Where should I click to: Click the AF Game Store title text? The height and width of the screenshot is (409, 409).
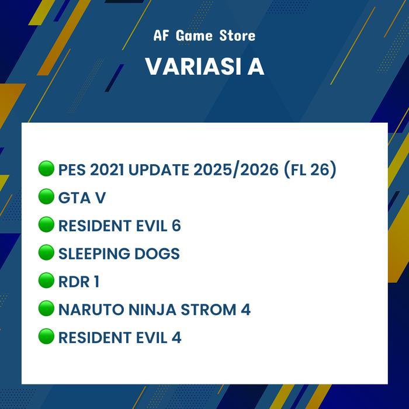point(204,36)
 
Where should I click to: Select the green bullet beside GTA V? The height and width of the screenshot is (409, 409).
point(46,197)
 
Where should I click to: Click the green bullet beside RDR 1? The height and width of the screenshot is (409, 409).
point(46,281)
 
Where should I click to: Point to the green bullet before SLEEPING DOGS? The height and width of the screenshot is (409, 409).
point(46,253)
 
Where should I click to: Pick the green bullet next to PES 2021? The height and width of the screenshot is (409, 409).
point(46,169)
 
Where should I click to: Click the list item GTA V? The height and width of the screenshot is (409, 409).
point(82,198)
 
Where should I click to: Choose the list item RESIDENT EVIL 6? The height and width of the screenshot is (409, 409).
point(119,226)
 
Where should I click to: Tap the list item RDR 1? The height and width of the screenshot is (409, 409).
point(79,282)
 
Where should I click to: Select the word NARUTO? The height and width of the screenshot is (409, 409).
point(84,310)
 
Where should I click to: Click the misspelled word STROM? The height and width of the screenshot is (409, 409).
point(206,310)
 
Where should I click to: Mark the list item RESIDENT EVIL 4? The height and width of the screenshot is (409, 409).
point(120,337)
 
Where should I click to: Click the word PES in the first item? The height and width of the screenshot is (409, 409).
point(72,170)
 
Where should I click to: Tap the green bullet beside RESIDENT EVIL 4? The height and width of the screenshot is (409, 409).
point(46,337)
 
